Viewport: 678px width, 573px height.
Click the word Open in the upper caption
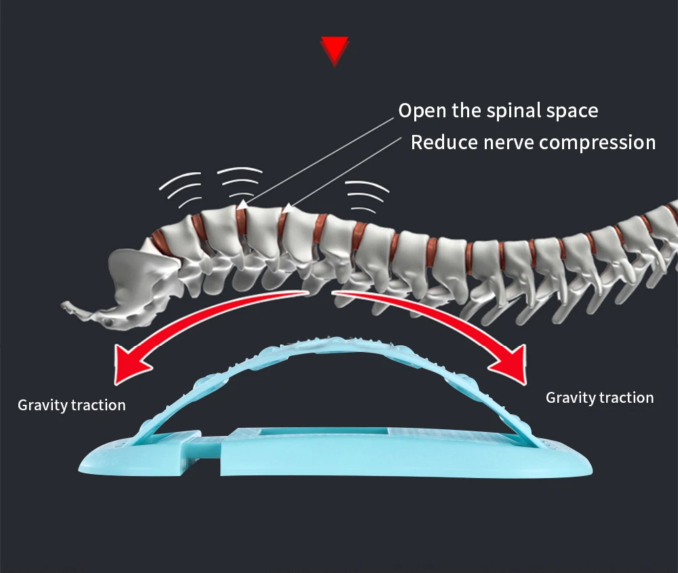pos(419,110)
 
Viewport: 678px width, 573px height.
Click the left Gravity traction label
pos(72,406)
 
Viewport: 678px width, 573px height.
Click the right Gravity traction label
pos(600,397)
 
